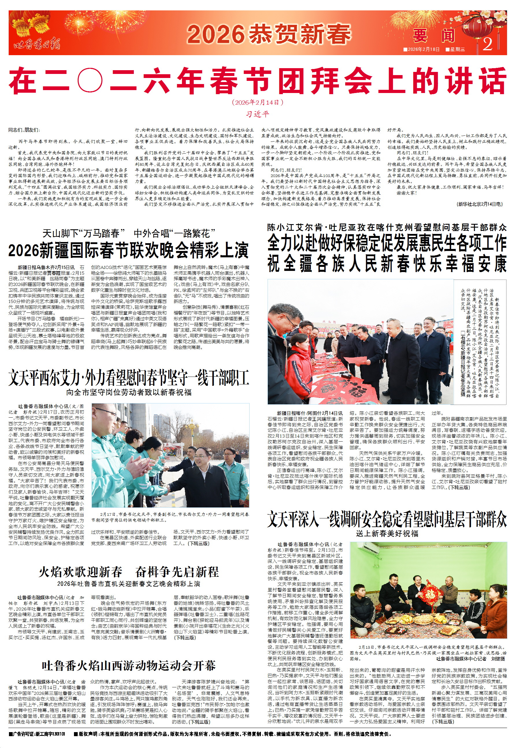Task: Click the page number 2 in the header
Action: click(x=488, y=44)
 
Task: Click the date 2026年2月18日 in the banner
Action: click(x=421, y=49)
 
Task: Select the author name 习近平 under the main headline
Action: click(x=257, y=114)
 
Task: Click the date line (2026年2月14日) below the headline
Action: click(x=257, y=103)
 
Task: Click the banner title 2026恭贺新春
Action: click(x=269, y=34)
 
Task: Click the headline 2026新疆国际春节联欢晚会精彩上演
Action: click(x=128, y=250)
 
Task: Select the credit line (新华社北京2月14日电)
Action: click(x=480, y=204)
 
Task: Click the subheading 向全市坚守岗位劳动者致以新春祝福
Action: click(x=129, y=392)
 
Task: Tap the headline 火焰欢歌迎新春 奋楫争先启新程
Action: click(x=129, y=572)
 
